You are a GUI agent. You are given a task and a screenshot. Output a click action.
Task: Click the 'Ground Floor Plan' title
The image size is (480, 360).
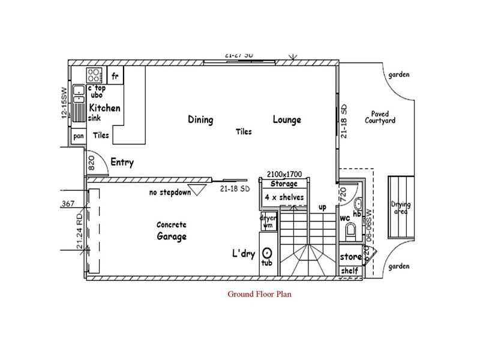coord(259,295)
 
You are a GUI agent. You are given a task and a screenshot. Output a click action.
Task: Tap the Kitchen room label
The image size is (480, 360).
coord(105,109)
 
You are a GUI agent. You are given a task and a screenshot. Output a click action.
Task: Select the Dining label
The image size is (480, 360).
coord(200,119)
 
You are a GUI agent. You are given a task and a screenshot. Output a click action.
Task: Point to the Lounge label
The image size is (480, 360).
coord(287,119)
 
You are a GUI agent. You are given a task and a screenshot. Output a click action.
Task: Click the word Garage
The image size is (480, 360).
coord(172,236)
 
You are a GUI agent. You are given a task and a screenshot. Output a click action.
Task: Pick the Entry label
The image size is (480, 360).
coord(122,163)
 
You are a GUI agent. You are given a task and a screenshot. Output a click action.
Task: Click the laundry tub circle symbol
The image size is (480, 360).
coord(268,254)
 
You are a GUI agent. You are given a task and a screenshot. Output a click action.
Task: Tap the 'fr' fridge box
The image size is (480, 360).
coord(115,76)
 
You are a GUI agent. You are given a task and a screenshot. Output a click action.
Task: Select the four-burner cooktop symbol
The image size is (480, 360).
coord(94,75)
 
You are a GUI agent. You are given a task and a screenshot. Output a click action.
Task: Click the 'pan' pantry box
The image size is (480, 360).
coord(78,136)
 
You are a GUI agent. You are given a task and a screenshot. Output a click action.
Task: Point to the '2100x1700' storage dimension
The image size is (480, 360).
coord(284,175)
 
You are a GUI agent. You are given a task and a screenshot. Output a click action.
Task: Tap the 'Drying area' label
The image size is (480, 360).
coord(400,207)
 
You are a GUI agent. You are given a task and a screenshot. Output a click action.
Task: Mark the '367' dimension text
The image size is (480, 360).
coord(67,205)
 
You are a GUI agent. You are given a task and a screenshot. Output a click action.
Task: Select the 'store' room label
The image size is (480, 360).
coord(350,257)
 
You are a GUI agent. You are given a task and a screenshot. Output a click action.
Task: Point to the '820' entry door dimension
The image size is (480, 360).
coord(92,164)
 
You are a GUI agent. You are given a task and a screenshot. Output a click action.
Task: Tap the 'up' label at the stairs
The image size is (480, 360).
coord(322,207)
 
